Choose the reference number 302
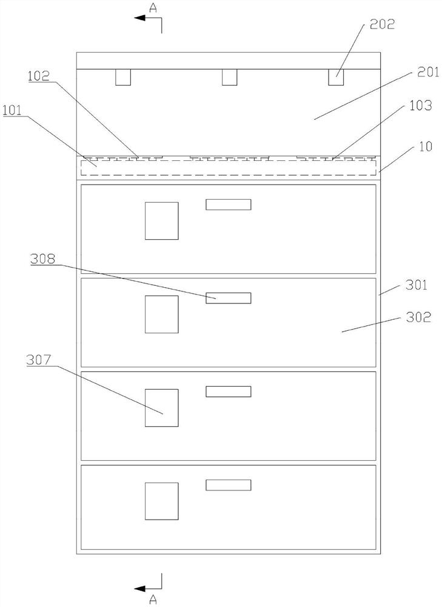pyautogui.click(x=418, y=317)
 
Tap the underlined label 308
pyautogui.click(x=43, y=259)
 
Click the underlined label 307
pyautogui.click(x=38, y=360)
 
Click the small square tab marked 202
pyautogui.click(x=336, y=77)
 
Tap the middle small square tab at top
pyautogui.click(x=229, y=77)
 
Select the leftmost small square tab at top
pyautogui.click(x=123, y=77)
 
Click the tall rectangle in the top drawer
pyautogui.click(x=161, y=221)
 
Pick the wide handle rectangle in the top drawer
pyautogui.click(x=228, y=205)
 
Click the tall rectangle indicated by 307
pyautogui.click(x=161, y=408)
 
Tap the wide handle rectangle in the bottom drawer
pyautogui.click(x=228, y=485)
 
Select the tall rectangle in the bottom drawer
pyautogui.click(x=161, y=501)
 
